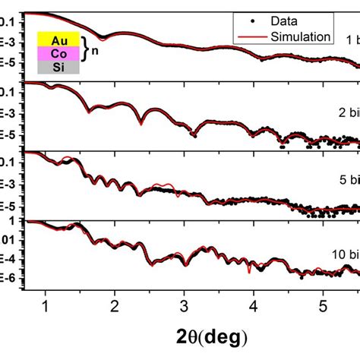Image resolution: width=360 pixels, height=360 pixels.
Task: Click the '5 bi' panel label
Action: point(348,181)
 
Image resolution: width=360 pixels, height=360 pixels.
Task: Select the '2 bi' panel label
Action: point(348,110)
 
